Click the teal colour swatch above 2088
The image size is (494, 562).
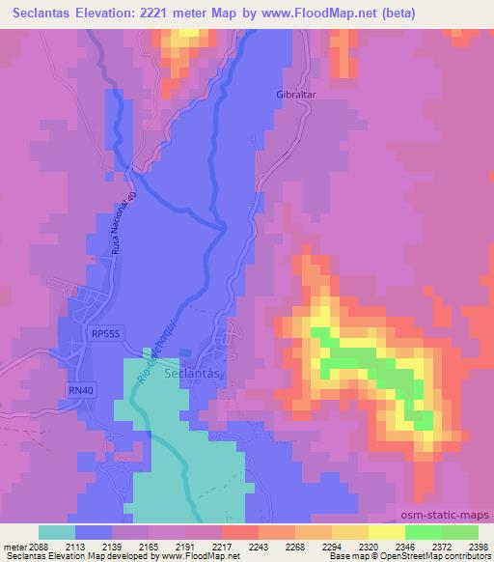click(57, 532)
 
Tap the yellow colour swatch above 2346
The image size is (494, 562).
click(387, 532)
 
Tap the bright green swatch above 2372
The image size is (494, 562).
click(424, 532)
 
